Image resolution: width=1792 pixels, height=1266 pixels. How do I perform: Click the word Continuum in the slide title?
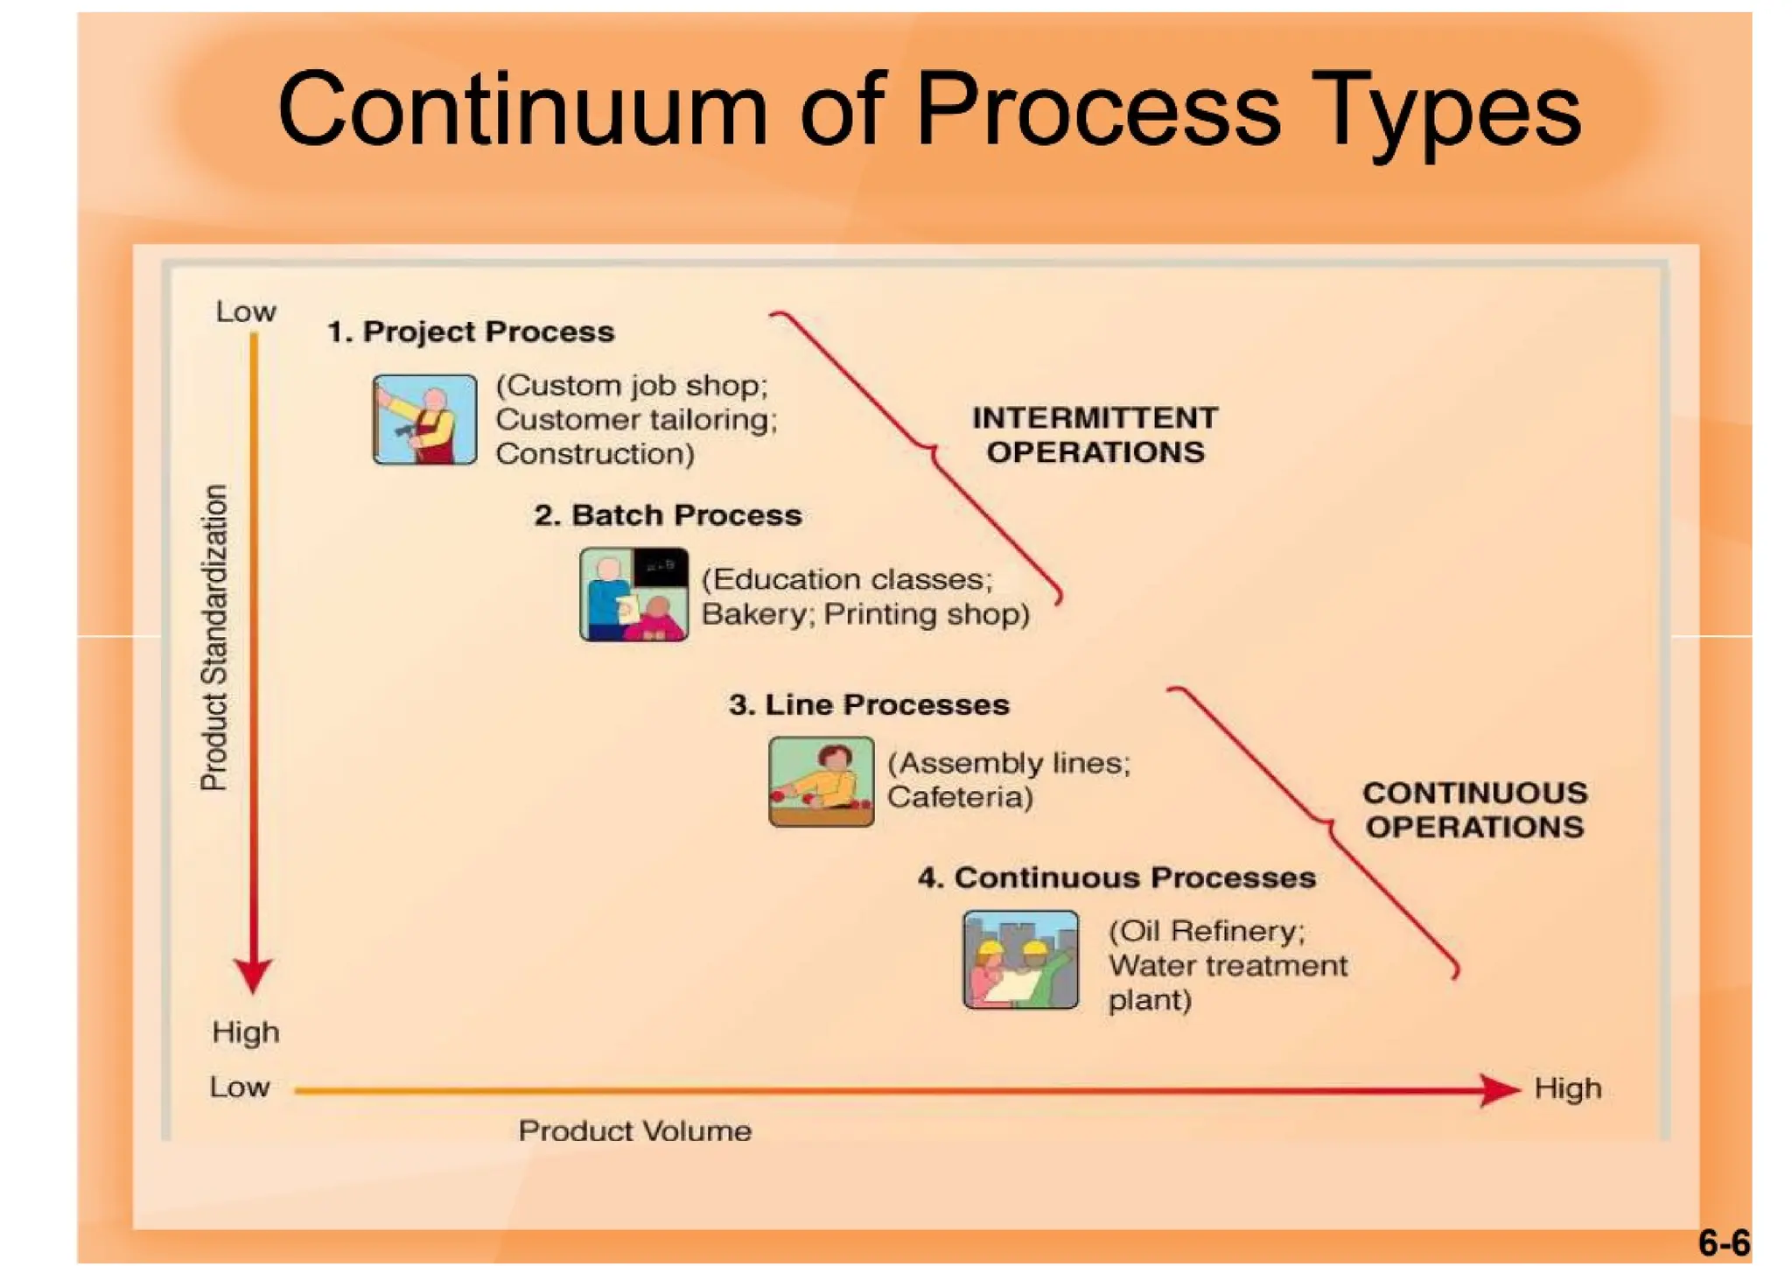[522, 111]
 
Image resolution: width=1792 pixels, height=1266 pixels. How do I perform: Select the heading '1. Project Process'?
[471, 332]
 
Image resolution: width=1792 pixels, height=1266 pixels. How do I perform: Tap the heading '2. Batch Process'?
[668, 515]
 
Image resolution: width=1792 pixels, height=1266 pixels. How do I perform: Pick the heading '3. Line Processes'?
[869, 704]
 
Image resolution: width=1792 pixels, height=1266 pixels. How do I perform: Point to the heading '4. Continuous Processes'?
[1116, 878]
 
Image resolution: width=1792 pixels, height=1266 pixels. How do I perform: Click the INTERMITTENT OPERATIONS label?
[1095, 435]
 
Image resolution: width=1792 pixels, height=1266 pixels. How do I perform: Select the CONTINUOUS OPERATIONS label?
[1474, 809]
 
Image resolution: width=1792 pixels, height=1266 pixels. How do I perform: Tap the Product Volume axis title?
[634, 1130]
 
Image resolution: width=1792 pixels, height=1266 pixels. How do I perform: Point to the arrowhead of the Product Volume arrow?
[1499, 1089]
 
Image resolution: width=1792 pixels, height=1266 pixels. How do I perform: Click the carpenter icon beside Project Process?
[424, 419]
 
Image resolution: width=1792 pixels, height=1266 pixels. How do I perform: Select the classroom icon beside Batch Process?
[633, 595]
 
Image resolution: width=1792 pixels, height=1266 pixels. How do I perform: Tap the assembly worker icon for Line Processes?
[821, 780]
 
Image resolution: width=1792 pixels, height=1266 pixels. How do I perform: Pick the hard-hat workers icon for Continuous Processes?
[1020, 960]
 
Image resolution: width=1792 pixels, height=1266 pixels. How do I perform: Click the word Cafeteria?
[960, 797]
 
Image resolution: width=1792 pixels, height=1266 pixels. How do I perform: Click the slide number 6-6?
[1723, 1242]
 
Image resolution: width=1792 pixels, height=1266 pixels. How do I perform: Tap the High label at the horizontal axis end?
[1567, 1088]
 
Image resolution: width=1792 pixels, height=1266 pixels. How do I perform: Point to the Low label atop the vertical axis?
[246, 311]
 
